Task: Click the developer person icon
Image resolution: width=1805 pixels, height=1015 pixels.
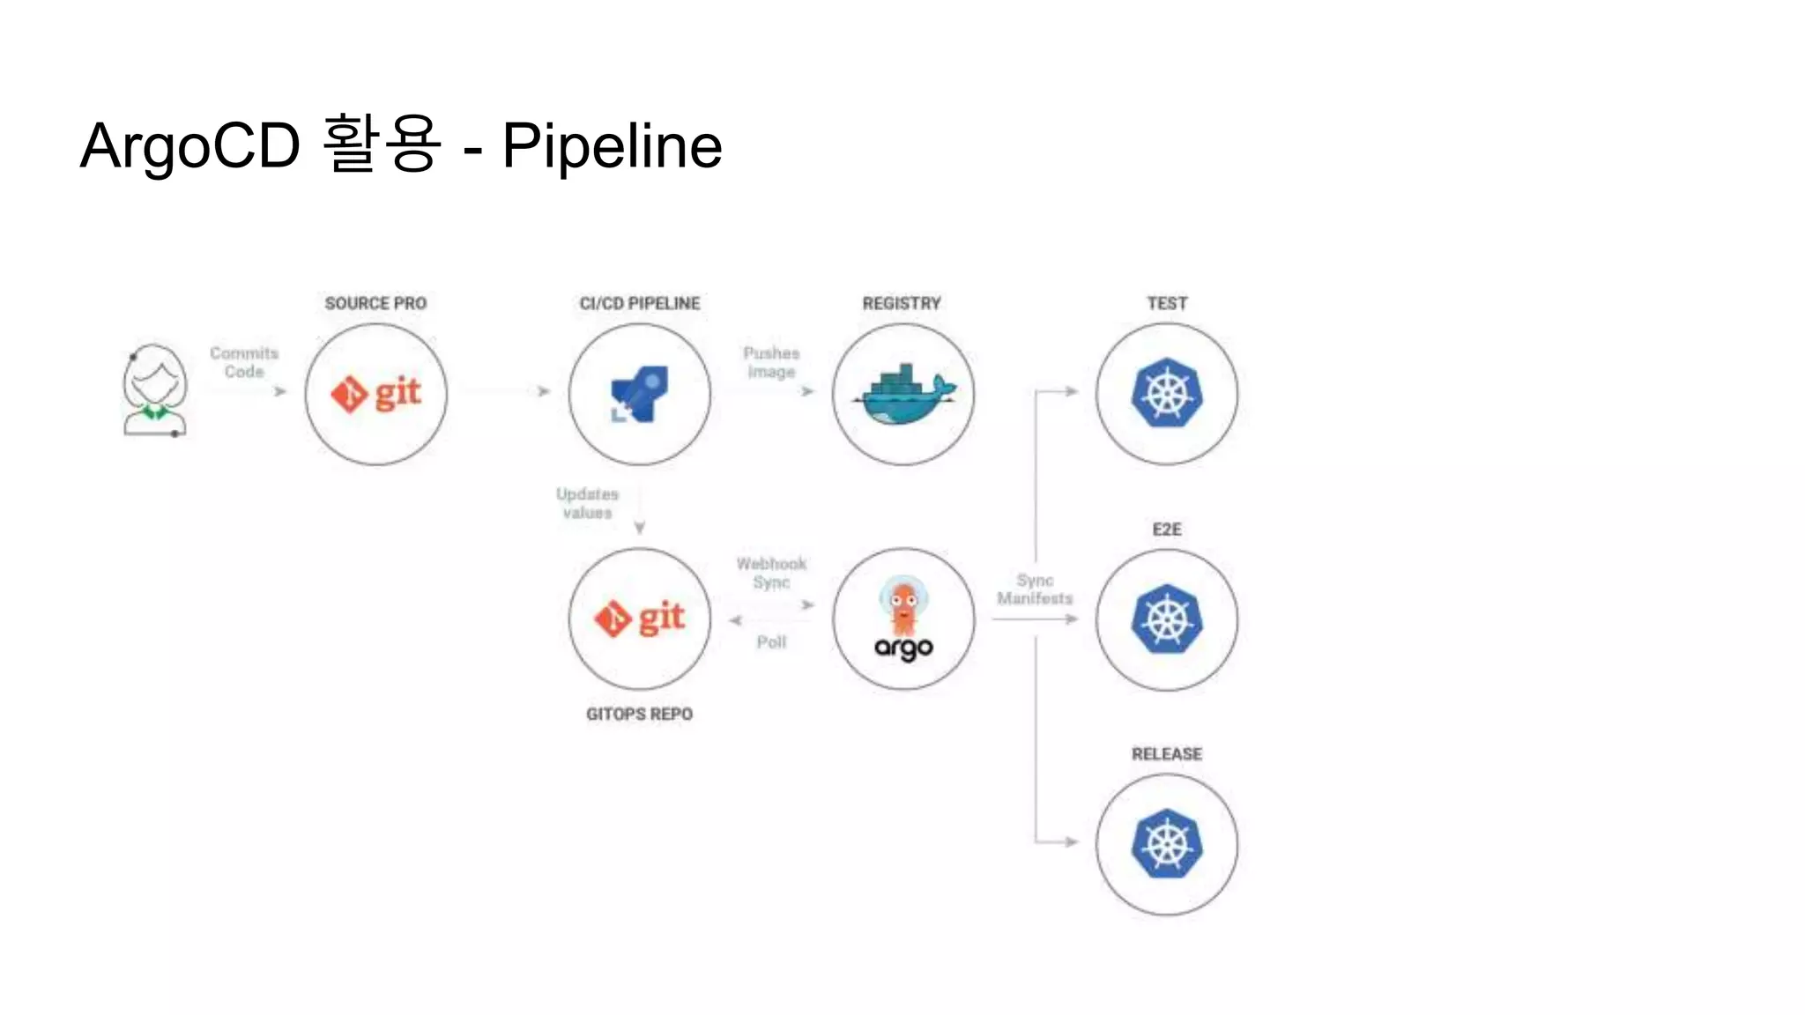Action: [155, 390]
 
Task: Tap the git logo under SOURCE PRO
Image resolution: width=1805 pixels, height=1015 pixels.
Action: [376, 393]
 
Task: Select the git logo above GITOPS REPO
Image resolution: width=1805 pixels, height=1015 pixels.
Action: [640, 618]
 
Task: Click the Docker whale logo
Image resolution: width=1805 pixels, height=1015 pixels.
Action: [903, 394]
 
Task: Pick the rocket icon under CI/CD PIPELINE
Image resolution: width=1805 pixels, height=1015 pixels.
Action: [640, 394]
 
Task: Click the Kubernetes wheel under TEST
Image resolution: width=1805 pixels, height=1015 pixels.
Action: [1167, 393]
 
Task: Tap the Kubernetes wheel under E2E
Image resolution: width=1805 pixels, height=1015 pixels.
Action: [1167, 619]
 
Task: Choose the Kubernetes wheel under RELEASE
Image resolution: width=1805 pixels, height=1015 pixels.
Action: [1167, 844]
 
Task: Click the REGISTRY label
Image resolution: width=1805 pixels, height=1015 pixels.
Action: [902, 303]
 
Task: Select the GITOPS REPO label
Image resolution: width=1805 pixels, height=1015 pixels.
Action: [640, 714]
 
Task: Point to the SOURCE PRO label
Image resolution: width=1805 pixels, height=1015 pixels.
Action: [375, 303]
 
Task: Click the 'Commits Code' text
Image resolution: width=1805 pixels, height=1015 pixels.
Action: [244, 362]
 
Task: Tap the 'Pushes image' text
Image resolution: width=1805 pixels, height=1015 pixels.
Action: [771, 362]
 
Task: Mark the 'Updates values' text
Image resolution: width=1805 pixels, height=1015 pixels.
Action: [587, 503]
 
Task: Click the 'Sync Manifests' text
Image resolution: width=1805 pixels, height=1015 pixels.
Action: [1035, 589]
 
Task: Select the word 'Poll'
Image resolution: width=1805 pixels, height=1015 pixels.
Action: [771, 642]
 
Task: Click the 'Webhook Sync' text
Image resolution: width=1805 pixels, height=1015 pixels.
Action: [771, 573]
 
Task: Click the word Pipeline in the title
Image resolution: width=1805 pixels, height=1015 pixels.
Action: [612, 145]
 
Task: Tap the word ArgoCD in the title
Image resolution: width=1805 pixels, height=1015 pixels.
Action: [190, 145]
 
